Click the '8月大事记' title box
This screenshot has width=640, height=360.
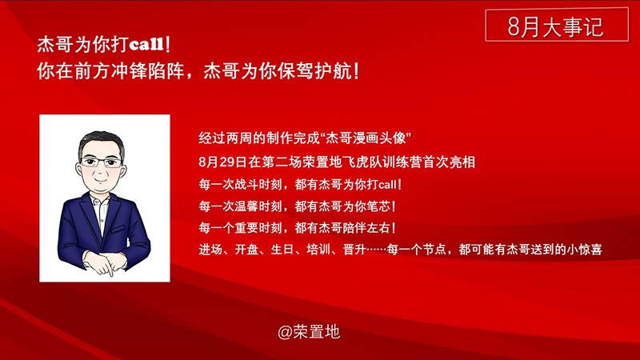pos(557,25)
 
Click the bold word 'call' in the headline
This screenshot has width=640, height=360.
pos(146,44)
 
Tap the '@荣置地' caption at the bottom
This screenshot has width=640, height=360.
pos(309,332)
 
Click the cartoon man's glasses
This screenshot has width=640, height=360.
pos(101,162)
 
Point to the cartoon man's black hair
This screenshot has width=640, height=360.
pos(102,141)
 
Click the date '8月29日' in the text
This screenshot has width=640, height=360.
pos(223,162)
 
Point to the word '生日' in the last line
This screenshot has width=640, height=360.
pos(282,249)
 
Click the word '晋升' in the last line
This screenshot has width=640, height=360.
pos(354,249)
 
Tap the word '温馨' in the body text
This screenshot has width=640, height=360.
pos(246,206)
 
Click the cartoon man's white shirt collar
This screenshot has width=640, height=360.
pos(100,200)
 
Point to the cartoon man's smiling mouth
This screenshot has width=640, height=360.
pos(101,179)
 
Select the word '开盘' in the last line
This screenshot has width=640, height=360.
pos(246,249)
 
